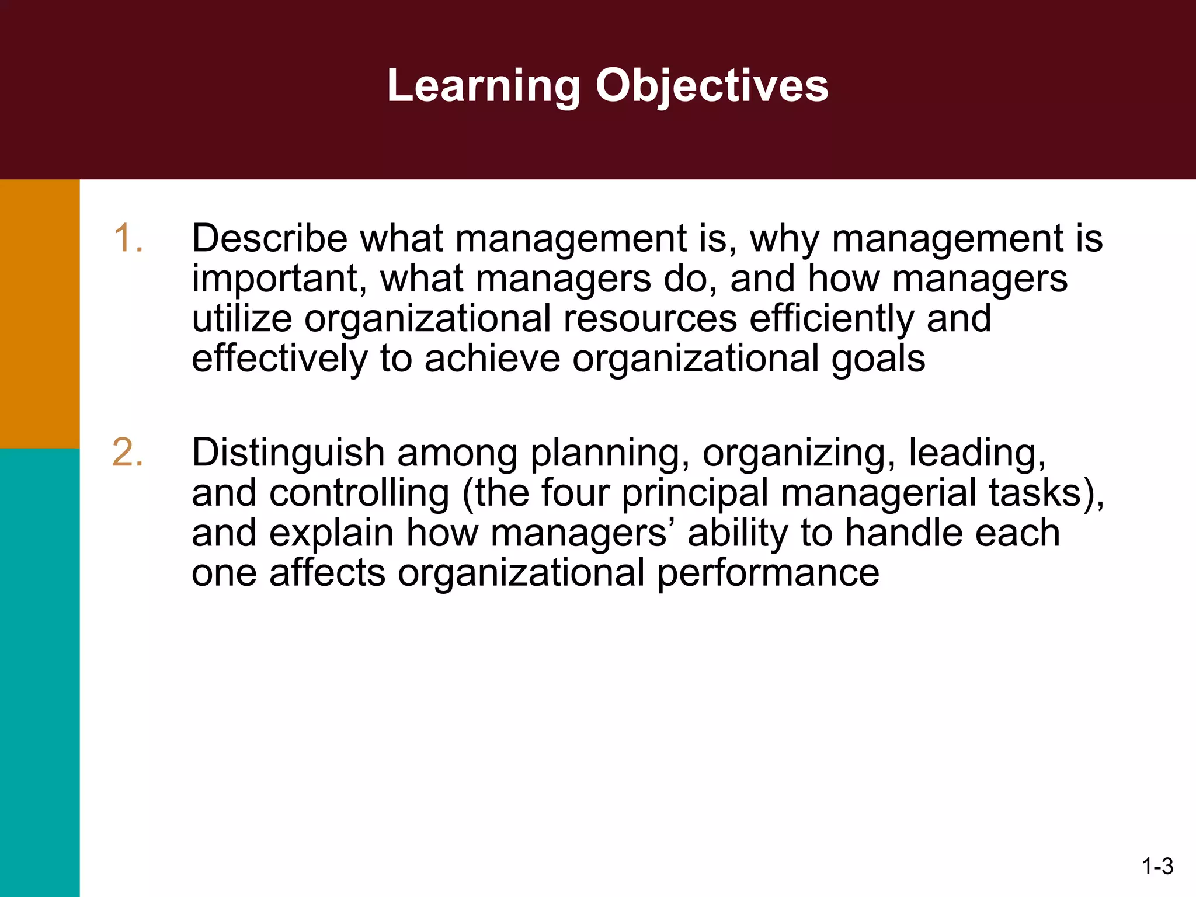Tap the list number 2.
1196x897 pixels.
click(x=128, y=453)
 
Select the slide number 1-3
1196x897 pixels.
click(x=1157, y=867)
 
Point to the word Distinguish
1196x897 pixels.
click(x=288, y=453)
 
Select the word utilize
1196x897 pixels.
click(x=241, y=319)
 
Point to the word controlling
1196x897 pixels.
click(x=359, y=493)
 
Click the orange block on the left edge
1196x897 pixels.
click(x=39, y=313)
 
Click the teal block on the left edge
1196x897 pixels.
click(x=39, y=672)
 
